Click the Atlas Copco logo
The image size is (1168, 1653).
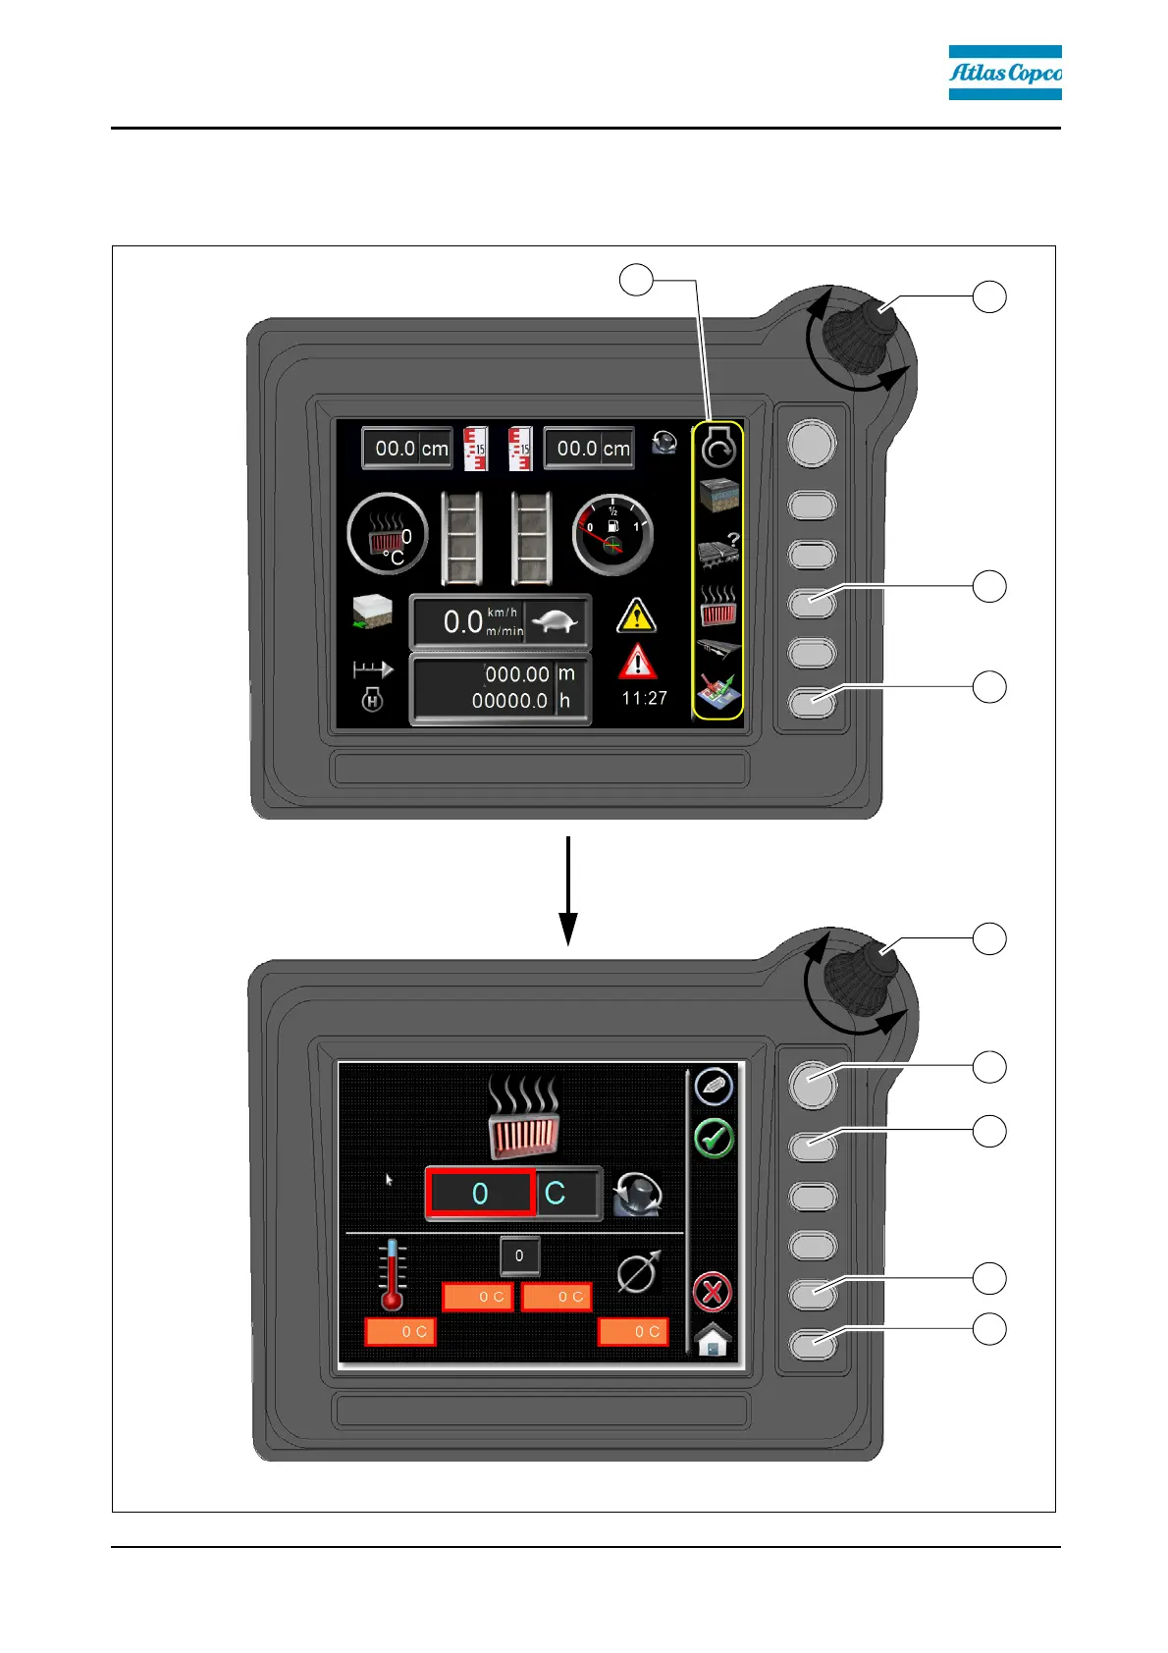tap(1004, 73)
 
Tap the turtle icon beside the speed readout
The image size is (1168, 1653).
tap(557, 622)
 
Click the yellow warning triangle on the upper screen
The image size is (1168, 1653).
tap(636, 615)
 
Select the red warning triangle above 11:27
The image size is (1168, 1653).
tap(637, 663)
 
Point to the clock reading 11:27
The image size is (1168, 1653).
tap(644, 698)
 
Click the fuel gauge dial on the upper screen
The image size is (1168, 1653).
tap(612, 535)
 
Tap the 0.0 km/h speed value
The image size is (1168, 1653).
tap(462, 622)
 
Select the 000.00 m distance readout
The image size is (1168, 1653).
tap(517, 674)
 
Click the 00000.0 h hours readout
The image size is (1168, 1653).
tap(509, 701)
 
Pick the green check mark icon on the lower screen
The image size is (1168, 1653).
tap(714, 1139)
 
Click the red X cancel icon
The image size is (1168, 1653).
tap(713, 1292)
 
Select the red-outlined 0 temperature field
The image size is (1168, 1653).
tap(480, 1194)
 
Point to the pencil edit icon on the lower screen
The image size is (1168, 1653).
tap(714, 1087)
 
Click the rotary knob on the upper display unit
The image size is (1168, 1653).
tap(860, 339)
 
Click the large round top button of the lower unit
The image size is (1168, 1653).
tap(813, 1084)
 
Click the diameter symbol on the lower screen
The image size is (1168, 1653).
tap(638, 1273)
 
